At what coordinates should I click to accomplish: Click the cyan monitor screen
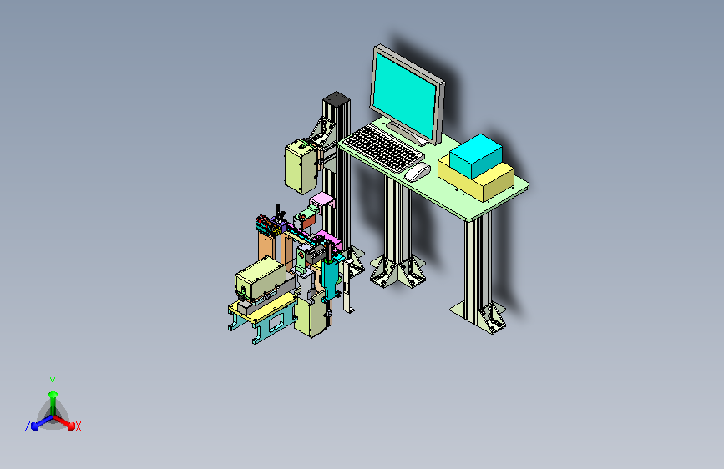click(404, 96)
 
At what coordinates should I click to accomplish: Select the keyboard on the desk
click(382, 148)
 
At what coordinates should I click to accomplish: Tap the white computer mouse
click(417, 172)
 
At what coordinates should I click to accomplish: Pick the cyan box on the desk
click(476, 155)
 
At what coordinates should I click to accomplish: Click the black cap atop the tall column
click(337, 98)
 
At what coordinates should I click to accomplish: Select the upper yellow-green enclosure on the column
click(301, 166)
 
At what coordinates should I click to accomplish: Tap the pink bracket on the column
click(321, 201)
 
